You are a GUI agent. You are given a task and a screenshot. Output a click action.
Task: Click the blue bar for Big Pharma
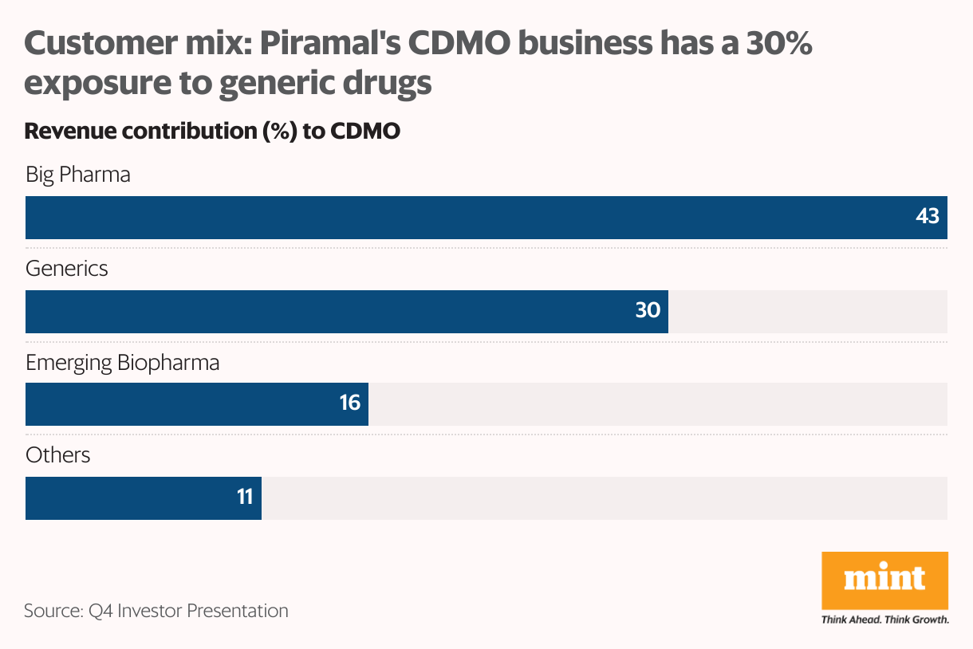point(479,218)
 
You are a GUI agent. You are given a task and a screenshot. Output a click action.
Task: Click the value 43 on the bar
point(928,217)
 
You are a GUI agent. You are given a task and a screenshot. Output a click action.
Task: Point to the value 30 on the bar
point(648,310)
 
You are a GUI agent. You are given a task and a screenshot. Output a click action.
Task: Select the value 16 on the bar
point(350,403)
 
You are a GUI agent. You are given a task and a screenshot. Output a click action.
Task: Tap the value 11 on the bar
point(245,498)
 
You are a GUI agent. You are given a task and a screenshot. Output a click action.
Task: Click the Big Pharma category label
point(78,175)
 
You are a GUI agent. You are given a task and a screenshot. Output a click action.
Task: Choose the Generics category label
point(67,269)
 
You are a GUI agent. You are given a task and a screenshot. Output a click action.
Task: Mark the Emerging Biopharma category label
point(122,363)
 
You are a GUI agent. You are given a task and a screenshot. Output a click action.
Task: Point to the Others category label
point(58,455)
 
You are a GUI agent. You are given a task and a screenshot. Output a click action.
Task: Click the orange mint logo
point(885,578)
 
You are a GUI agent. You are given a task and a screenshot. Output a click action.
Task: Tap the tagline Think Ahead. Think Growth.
point(885,619)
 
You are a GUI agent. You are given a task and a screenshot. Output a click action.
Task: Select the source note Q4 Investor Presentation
point(156,612)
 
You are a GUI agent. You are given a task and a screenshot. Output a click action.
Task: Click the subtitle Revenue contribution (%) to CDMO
point(212,132)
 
